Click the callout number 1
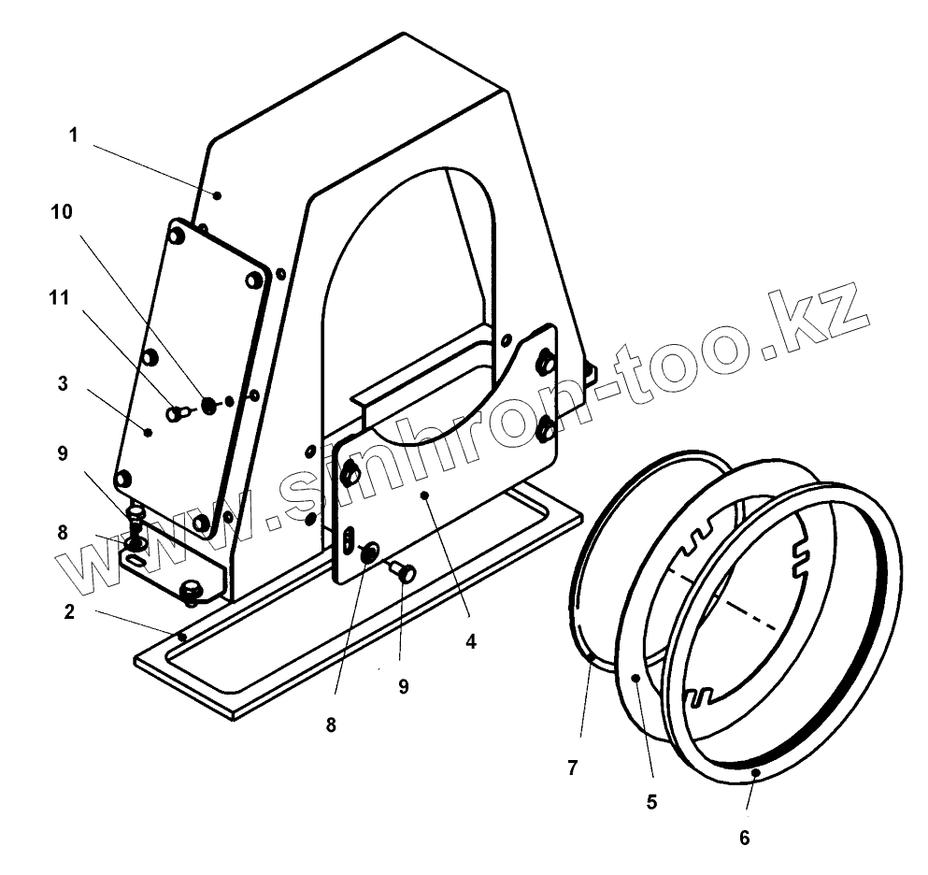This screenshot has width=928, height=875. (73, 136)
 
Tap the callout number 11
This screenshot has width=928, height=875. (59, 299)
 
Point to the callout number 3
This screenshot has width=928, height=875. (62, 383)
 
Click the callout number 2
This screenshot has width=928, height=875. (69, 613)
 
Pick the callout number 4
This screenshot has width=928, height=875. (471, 642)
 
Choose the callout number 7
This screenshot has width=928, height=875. (572, 768)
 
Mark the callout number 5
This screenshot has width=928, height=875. (651, 801)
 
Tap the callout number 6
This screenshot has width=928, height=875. (744, 837)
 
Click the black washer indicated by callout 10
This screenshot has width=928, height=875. (208, 404)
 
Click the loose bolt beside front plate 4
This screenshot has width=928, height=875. (405, 572)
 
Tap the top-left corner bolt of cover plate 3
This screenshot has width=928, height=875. (177, 237)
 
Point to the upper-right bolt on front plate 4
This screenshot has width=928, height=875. (546, 362)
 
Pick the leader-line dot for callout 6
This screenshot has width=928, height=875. (754, 772)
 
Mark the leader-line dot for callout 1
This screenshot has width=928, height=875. (217, 195)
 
